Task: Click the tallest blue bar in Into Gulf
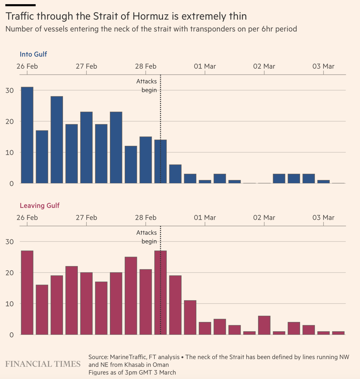point(27,135)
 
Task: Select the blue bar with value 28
point(57,140)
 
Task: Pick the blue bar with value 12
point(131,165)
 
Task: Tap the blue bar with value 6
point(175,174)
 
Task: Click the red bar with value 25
point(131,296)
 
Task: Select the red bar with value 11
point(190,318)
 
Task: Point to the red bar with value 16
point(42,310)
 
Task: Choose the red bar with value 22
point(72,300)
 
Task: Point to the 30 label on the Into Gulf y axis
point(10,90)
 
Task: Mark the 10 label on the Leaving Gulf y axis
point(10,304)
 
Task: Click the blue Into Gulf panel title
point(33,54)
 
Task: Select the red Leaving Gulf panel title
point(40,206)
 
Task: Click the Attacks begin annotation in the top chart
point(147,86)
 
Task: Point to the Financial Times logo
point(43,364)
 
